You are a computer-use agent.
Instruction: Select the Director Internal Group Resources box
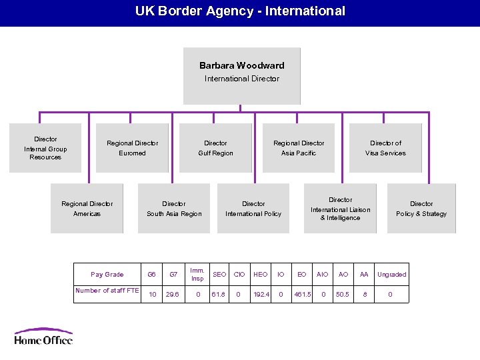(x=45, y=148)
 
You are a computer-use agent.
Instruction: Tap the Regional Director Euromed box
(x=132, y=148)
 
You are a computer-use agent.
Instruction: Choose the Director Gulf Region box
(x=215, y=148)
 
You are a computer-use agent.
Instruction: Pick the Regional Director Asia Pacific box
(x=299, y=148)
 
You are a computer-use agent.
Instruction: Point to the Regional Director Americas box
(x=87, y=209)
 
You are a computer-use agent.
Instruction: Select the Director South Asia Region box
(x=174, y=209)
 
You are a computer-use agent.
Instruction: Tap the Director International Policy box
(x=253, y=209)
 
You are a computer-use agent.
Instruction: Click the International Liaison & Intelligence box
(x=340, y=209)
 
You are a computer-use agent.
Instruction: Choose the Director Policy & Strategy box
(x=421, y=209)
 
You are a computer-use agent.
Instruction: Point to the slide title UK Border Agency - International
(x=240, y=11)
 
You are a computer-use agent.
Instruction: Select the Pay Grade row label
(x=107, y=275)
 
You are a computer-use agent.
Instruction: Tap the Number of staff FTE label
(x=107, y=291)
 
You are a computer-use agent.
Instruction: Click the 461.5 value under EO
(x=302, y=294)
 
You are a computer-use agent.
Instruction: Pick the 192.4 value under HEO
(x=261, y=294)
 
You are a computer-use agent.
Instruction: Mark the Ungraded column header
(x=391, y=275)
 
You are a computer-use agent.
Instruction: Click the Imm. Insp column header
(x=197, y=275)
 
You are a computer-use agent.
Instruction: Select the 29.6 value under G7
(x=173, y=294)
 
